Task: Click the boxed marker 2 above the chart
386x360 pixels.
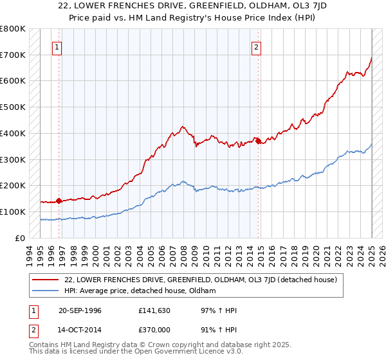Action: (257, 46)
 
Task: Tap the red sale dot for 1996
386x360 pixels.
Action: (59, 201)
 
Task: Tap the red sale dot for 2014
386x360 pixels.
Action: (258, 141)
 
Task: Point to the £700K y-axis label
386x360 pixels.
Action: (13, 55)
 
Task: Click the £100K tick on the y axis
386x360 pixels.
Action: (13, 212)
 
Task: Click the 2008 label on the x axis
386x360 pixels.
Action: (184, 253)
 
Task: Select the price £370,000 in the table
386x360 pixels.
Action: (156, 329)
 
